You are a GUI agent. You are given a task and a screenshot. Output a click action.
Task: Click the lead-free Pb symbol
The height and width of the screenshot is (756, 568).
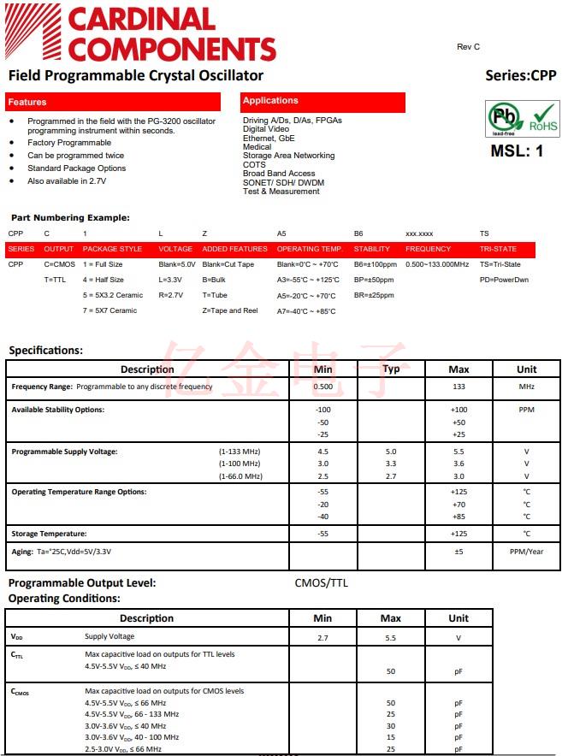tap(502, 118)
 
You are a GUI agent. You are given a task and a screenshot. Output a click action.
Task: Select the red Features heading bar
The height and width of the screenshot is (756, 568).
tap(112, 102)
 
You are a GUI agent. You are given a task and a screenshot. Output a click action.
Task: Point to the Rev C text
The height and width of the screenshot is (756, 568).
tap(469, 47)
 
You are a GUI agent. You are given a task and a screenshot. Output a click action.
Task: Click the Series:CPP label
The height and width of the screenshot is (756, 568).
tap(520, 75)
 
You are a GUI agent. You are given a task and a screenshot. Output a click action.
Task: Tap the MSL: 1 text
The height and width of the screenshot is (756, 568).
tap(517, 151)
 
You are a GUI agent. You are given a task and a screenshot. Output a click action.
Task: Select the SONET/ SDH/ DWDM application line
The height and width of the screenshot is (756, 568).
tap(283, 182)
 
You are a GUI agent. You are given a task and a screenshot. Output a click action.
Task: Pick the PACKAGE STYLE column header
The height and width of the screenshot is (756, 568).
tap(112, 249)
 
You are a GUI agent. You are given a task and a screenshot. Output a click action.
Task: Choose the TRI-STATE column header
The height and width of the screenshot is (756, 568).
tap(498, 249)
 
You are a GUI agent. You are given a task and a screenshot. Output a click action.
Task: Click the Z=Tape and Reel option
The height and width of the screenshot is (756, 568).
tap(230, 310)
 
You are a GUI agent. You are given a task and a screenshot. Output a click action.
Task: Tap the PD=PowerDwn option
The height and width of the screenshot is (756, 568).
tap(504, 280)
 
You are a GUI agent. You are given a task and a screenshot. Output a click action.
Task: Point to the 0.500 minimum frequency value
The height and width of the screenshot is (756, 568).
tap(322, 387)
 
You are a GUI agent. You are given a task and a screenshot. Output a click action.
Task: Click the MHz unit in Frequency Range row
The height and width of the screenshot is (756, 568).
tap(527, 387)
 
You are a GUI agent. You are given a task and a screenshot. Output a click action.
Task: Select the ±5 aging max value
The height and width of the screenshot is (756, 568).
tap(459, 552)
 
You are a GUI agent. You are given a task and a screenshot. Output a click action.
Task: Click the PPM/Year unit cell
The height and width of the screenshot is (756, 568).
tap(527, 552)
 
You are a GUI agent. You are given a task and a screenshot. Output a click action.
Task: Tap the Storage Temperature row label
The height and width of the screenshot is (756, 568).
tap(48, 534)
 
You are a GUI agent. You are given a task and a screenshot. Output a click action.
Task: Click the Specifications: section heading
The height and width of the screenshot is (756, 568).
tap(45, 350)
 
